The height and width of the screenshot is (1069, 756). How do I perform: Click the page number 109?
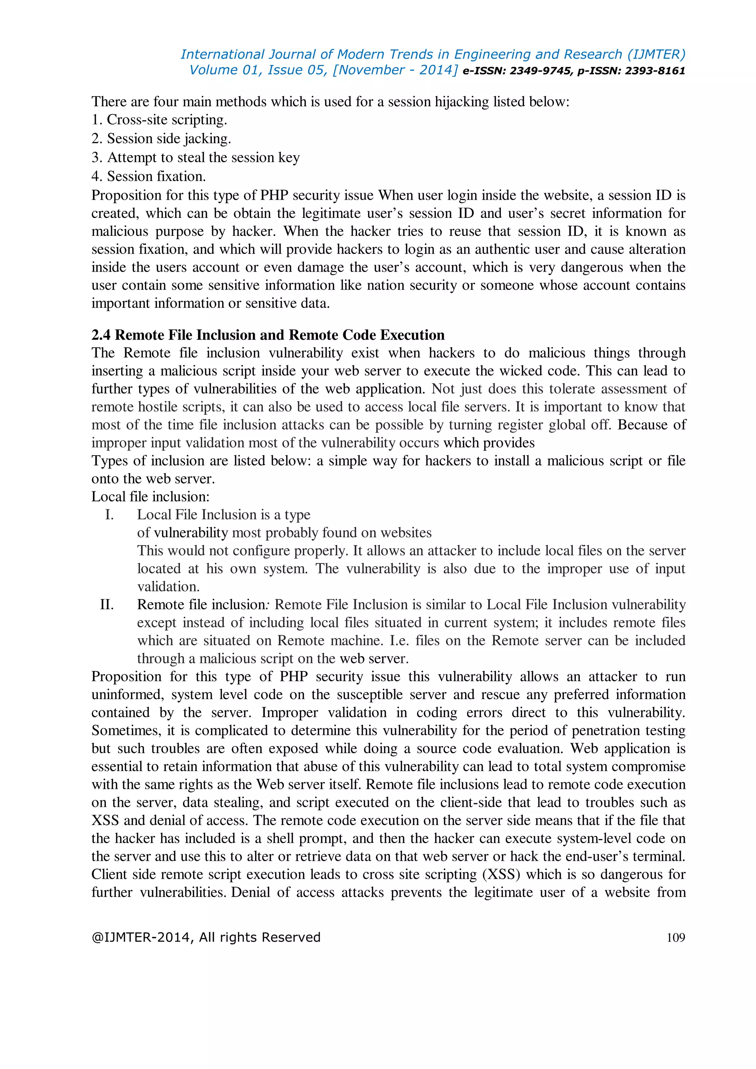(x=676, y=937)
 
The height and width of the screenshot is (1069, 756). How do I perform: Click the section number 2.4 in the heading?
(x=101, y=335)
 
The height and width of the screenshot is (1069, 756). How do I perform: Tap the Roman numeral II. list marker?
(x=107, y=604)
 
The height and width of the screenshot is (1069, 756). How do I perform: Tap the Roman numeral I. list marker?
(x=109, y=515)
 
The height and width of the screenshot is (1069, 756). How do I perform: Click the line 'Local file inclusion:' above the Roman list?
(x=150, y=496)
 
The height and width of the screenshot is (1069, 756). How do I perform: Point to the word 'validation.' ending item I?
(x=168, y=586)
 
